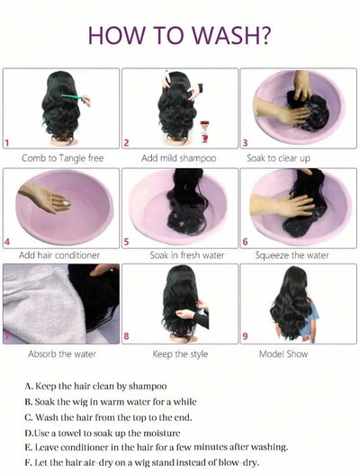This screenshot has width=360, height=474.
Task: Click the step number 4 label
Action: tap(8, 241)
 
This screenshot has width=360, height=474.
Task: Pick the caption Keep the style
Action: tap(181, 354)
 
